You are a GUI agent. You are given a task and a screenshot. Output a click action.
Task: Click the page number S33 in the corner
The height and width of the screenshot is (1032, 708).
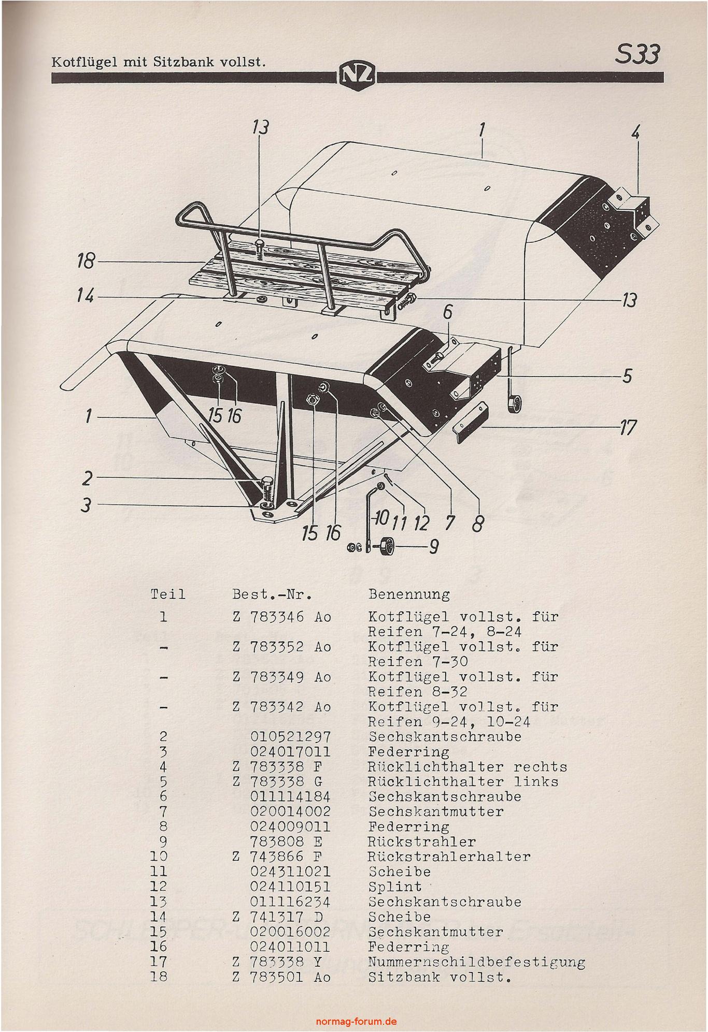637,54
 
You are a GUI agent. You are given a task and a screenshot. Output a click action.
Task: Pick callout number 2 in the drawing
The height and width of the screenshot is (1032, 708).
88,478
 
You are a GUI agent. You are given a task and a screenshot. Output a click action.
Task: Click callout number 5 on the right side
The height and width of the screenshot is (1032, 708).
627,375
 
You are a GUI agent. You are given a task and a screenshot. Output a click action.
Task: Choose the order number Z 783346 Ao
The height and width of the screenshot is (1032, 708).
281,617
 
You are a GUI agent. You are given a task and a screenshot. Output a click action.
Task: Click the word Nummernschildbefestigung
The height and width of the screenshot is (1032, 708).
476,962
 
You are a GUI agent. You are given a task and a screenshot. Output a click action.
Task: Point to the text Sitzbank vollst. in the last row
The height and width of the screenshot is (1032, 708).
440,977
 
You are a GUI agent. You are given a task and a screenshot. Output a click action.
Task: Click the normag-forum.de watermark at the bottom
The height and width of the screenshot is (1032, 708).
356,1021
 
